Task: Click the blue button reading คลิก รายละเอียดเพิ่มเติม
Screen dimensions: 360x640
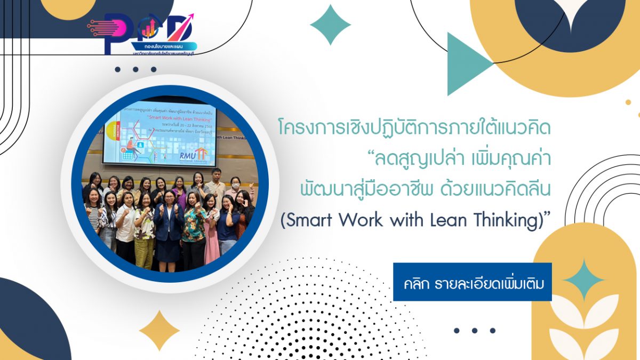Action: (472, 282)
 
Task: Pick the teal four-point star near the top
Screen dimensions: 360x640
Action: (330, 25)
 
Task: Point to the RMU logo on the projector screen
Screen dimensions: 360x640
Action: (202, 154)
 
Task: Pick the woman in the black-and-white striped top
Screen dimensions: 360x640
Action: (94, 213)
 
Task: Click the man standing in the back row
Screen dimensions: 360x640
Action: (215, 181)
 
